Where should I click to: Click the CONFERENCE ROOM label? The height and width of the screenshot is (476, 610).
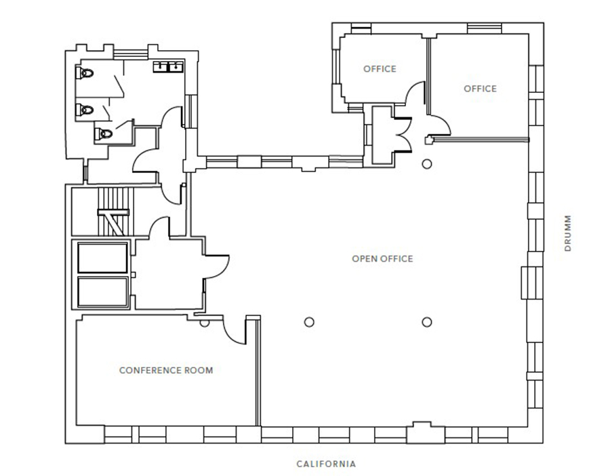click(x=166, y=370)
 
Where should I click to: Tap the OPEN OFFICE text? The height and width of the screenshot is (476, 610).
click(x=382, y=259)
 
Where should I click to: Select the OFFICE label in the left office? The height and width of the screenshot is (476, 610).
click(x=380, y=69)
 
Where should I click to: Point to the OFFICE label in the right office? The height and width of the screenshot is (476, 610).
click(x=480, y=89)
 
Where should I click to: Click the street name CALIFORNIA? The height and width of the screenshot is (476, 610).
click(x=326, y=464)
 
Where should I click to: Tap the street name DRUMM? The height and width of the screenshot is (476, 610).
click(x=568, y=233)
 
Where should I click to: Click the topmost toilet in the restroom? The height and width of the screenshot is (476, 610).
click(x=85, y=73)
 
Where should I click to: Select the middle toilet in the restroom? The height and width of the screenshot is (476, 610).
click(x=85, y=110)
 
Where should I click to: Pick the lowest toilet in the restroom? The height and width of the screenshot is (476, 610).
click(x=104, y=134)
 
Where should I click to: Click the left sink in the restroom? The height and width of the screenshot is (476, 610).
click(x=160, y=67)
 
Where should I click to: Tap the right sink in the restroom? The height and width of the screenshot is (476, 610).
click(x=176, y=67)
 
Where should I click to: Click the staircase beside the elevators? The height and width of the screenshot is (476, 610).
click(x=113, y=212)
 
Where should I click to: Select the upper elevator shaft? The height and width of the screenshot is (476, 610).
click(x=103, y=258)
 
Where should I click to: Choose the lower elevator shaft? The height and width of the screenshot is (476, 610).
click(x=103, y=292)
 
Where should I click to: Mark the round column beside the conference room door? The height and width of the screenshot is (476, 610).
click(x=204, y=323)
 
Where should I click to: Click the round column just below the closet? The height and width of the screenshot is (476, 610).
click(x=427, y=164)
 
